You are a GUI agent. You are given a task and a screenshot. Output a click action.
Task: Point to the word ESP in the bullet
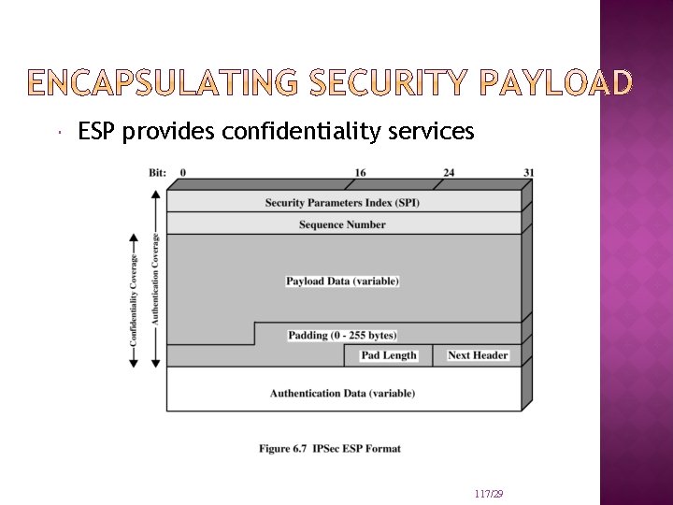pyautogui.click(x=99, y=132)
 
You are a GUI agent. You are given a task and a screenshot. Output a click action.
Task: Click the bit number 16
pyautogui.click(x=361, y=172)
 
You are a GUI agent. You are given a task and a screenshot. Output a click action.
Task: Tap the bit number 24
pyautogui.click(x=449, y=172)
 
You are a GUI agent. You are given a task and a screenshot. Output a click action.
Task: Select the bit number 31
pyautogui.click(x=529, y=172)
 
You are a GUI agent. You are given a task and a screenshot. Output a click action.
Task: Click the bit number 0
pyautogui.click(x=182, y=172)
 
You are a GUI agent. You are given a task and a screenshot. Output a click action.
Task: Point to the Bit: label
pyautogui.click(x=158, y=172)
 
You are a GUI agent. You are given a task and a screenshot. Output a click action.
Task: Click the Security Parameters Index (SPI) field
pyautogui.click(x=342, y=202)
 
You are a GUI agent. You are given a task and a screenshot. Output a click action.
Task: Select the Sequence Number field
pyautogui.click(x=342, y=224)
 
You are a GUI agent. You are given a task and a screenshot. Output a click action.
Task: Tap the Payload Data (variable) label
pyautogui.click(x=342, y=281)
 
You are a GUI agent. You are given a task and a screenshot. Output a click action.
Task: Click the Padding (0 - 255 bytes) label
pyautogui.click(x=342, y=335)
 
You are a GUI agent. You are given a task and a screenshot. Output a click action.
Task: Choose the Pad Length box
pyautogui.click(x=389, y=355)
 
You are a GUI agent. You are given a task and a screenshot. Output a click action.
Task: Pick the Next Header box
pyautogui.click(x=478, y=355)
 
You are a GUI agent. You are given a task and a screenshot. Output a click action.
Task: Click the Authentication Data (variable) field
pyautogui.click(x=342, y=393)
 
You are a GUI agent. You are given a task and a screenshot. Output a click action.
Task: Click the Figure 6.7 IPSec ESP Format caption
pyautogui.click(x=330, y=449)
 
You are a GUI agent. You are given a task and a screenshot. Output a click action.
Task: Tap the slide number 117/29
pyautogui.click(x=489, y=493)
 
